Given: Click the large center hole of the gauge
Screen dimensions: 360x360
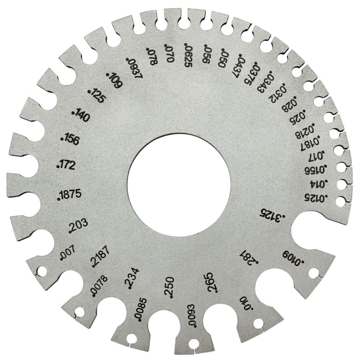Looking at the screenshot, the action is (x=179, y=185).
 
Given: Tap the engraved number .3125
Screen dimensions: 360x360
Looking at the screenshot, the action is (x=272, y=216).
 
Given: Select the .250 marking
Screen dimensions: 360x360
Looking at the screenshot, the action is (x=170, y=287).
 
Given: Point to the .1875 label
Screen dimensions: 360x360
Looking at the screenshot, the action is (x=69, y=195).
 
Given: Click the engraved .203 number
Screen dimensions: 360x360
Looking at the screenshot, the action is (x=78, y=226).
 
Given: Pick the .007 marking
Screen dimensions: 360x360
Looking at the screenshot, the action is (x=68, y=253).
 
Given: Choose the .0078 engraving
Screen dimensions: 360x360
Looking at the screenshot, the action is (x=99, y=286).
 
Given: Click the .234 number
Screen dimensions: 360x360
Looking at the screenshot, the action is (x=132, y=278).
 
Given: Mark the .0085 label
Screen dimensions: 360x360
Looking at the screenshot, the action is (x=140, y=310).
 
